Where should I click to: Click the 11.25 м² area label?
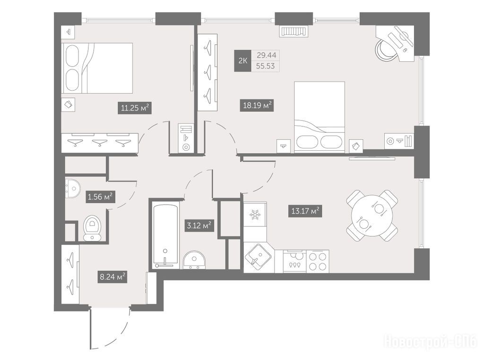pyautogui.click(x=135, y=108)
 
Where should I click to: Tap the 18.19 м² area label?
pyautogui.click(x=257, y=105)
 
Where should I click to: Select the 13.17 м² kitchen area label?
pyautogui.click(x=305, y=211)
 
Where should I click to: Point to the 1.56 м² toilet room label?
pyautogui.click(x=100, y=197)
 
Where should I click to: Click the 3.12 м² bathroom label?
pyautogui.click(x=199, y=225)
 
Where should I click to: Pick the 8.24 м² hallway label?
pyautogui.click(x=112, y=277)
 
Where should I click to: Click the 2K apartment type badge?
pyautogui.click(x=242, y=61)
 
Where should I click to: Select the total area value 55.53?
pyautogui.click(x=266, y=66)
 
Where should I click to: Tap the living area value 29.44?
pyautogui.click(x=267, y=55)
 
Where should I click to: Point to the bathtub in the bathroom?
pyautogui.click(x=165, y=235)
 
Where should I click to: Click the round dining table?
pyautogui.click(x=372, y=215)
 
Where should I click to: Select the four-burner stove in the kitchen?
pyautogui.click(x=318, y=261)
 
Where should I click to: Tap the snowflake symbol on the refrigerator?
pyautogui.click(x=255, y=214)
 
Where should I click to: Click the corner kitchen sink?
pyautogui.click(x=258, y=258)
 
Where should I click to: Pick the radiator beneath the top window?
pyautogui.click(x=294, y=32)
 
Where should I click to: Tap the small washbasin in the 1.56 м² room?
pyautogui.click(x=73, y=188)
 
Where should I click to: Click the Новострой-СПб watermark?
pyautogui.click(x=430, y=341)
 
